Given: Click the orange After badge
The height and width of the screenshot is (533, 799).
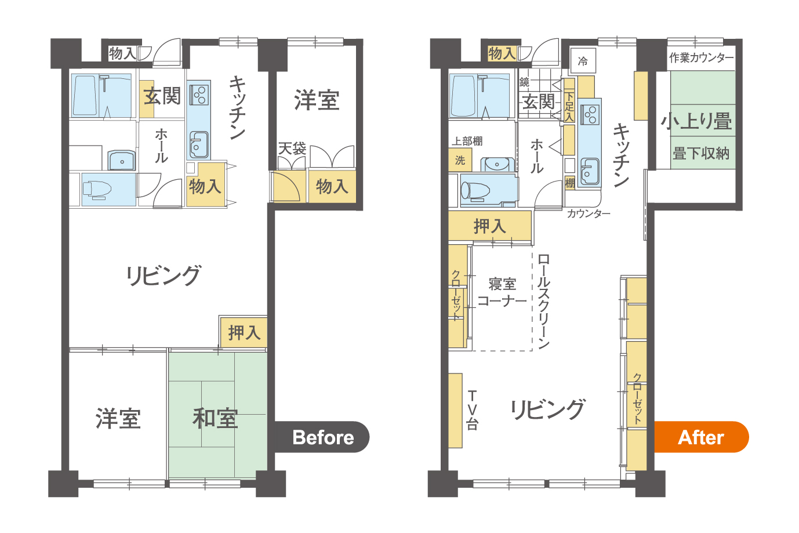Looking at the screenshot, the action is click(701, 437).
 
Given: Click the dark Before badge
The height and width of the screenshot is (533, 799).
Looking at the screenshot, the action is click(321, 437).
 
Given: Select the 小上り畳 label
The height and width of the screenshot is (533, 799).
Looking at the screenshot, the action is click(696, 121).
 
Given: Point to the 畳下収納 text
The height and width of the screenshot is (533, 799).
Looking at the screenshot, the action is click(701, 154).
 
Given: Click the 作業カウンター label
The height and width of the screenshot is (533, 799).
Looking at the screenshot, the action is click(701, 57).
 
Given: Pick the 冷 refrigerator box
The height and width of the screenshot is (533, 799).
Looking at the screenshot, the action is click(583, 61).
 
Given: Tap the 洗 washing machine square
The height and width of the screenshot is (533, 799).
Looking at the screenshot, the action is click(460, 160).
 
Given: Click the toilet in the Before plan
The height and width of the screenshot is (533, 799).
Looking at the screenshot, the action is click(97, 189).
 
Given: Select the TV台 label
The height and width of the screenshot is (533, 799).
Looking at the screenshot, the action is click(472, 410).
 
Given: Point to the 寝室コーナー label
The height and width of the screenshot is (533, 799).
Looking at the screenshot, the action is click(502, 292).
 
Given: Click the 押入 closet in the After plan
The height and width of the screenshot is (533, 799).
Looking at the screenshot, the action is click(490, 226).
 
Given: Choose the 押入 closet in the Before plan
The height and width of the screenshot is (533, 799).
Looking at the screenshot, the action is click(244, 332).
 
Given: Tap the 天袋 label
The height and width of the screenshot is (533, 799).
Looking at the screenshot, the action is click(292, 148).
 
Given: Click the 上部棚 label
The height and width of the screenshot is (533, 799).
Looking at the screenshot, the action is click(467, 141).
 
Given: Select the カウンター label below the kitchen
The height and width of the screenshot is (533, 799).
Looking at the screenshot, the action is click(589, 213).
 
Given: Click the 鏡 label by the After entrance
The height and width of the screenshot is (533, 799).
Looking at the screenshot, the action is click(524, 82).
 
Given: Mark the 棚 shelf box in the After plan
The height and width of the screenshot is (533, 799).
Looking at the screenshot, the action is click(570, 183).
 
